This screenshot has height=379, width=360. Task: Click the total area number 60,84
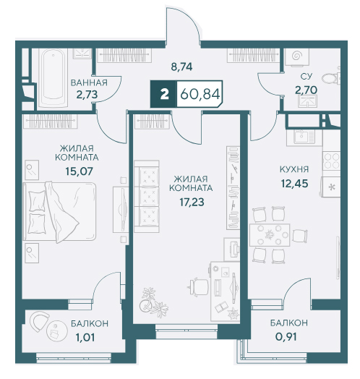(x=200, y=94)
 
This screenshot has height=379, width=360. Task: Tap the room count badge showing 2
(x=164, y=94)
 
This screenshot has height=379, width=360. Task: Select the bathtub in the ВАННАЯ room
(x=53, y=78)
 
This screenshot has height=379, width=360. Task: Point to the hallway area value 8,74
(x=181, y=67)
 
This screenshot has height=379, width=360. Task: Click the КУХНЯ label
(x=294, y=169)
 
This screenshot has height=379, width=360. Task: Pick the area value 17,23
(x=192, y=202)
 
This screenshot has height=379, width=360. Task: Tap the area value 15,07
(x=79, y=171)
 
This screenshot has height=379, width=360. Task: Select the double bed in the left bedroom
(x=59, y=212)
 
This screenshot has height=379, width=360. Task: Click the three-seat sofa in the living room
(x=147, y=196)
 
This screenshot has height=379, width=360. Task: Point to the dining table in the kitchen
(x=270, y=235)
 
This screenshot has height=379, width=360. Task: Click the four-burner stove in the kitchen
(x=332, y=161)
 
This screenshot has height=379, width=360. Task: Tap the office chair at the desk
(x=197, y=287)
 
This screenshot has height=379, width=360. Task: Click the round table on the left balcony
(x=57, y=332)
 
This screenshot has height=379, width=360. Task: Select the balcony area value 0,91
(x=286, y=337)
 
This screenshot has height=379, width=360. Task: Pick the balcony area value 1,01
(x=85, y=338)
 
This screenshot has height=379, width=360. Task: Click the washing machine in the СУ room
(x=297, y=57)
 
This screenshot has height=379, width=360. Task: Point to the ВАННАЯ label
(x=89, y=82)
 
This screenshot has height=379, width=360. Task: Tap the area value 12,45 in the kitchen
(x=294, y=184)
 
